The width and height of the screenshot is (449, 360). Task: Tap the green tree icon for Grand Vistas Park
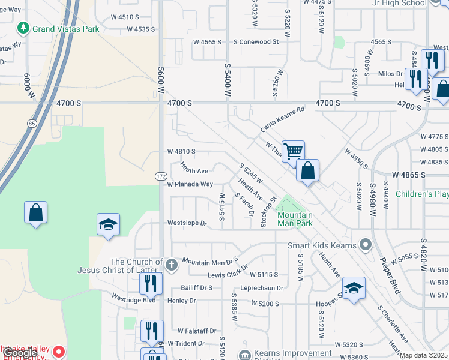pos(23,28)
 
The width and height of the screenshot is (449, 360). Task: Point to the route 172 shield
pos(161,176)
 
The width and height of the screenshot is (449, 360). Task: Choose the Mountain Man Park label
pos(295,219)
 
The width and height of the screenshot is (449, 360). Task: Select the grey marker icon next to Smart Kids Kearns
pos(364,245)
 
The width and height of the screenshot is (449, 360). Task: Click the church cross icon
pos(171,263)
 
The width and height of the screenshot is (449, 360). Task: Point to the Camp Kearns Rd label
pos(283,119)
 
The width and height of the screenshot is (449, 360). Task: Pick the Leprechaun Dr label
pos(262,288)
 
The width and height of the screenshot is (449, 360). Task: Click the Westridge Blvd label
pos(134,297)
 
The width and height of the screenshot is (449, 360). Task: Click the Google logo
pos(20,353)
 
